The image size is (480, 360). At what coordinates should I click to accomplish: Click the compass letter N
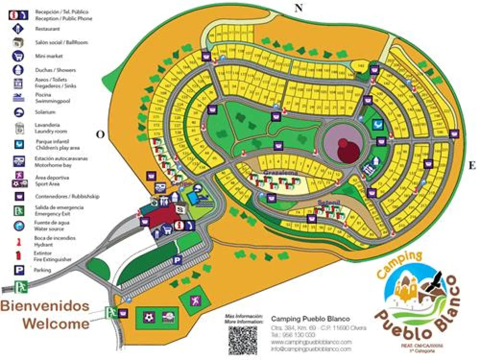pos(299,7)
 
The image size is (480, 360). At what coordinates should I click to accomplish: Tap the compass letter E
pos(472,166)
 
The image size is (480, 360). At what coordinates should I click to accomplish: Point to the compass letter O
pos(100,134)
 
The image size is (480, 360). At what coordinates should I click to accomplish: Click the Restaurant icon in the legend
pos(18,28)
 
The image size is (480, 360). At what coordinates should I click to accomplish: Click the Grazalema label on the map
pos(281,172)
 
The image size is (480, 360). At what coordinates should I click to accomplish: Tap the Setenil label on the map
pos(328,203)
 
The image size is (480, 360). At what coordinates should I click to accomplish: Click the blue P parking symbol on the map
pos(177,260)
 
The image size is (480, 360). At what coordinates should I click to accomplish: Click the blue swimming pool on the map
pos(194,197)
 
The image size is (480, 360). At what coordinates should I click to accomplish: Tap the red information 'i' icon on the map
pos(180,225)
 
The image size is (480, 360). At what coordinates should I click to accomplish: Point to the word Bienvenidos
pos(45,306)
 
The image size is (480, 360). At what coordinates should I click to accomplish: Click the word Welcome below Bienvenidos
pos(56,324)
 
